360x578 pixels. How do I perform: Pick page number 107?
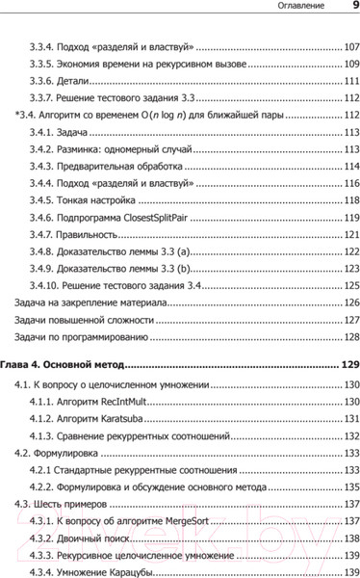[x=347, y=46]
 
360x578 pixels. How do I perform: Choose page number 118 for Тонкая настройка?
[x=347, y=201]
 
